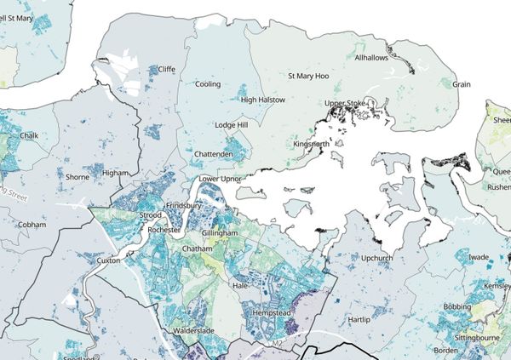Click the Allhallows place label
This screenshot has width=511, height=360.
(x=372, y=58)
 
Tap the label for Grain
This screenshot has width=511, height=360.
(x=462, y=84)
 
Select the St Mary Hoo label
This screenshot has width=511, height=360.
(x=308, y=76)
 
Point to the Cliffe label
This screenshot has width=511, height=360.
(x=167, y=69)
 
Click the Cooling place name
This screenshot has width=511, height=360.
(x=208, y=84)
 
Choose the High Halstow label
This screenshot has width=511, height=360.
(x=262, y=100)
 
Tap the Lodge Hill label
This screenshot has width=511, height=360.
(x=231, y=125)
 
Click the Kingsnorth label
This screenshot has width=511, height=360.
(x=311, y=144)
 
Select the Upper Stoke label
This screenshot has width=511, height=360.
(x=345, y=104)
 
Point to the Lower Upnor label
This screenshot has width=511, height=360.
(x=220, y=180)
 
